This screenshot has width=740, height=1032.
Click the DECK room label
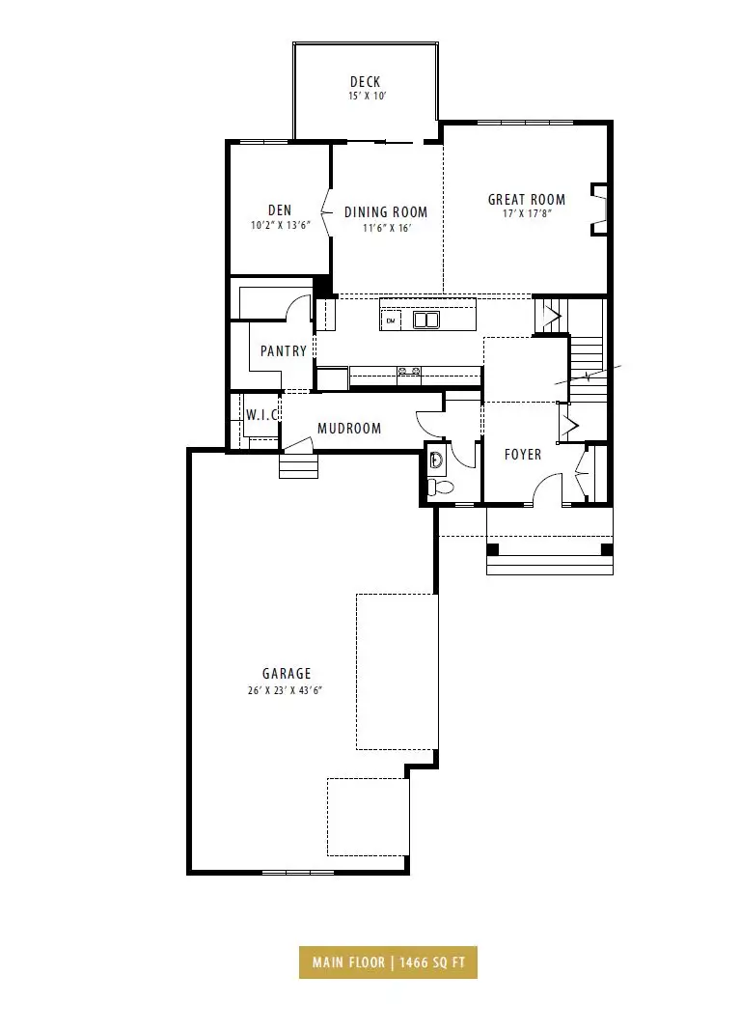(365, 82)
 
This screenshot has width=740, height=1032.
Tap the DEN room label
(280, 209)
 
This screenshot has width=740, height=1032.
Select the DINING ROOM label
(386, 212)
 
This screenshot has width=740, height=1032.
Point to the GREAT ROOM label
(526, 200)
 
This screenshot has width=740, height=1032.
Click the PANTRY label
(284, 350)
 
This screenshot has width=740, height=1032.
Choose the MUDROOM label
(349, 429)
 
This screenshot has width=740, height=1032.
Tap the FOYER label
(523, 454)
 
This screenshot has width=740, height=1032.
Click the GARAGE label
(287, 673)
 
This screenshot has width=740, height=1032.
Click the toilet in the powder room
(440, 488)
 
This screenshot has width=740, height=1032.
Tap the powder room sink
(436, 459)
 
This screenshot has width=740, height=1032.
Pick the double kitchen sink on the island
(426, 320)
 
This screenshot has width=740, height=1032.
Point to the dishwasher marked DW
(391, 321)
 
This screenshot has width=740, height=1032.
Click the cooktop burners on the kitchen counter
(409, 372)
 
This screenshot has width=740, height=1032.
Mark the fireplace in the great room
(599, 209)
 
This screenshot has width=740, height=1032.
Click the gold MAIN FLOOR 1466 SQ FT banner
(388, 962)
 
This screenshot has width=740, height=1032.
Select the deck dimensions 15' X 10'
(367, 97)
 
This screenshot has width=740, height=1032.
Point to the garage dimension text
(285, 691)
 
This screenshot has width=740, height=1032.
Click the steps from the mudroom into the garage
(299, 465)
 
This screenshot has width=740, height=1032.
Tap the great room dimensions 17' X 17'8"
(526, 214)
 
